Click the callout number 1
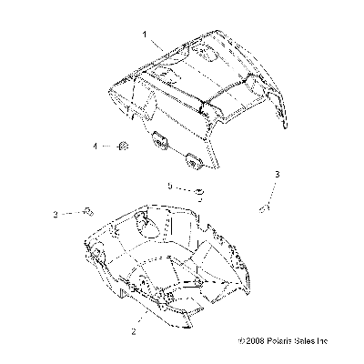pyautogui.click(x=145, y=35)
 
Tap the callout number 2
pyautogui.click(x=134, y=331)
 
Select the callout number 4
pyautogui.click(x=96, y=147)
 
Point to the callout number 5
pyautogui.click(x=170, y=186)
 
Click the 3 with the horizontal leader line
pyautogui.click(x=56, y=215)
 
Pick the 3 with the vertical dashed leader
pyautogui.click(x=277, y=175)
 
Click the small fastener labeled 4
pyautogui.click(x=123, y=147)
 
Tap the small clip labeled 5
pyautogui.click(x=199, y=194)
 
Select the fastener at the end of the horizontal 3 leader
pyautogui.click(x=88, y=212)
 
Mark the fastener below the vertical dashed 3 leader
pyautogui.click(x=265, y=208)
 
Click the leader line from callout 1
pyautogui.click(x=157, y=45)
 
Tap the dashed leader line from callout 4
pyautogui.click(x=109, y=147)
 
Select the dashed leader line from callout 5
pyautogui.click(x=185, y=188)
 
